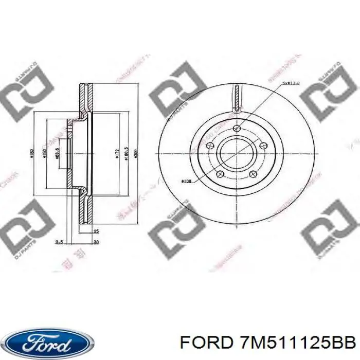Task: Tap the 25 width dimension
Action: pos(96,231)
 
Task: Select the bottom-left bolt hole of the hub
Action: pos(220,173)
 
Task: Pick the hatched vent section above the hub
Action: pos(237,98)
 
